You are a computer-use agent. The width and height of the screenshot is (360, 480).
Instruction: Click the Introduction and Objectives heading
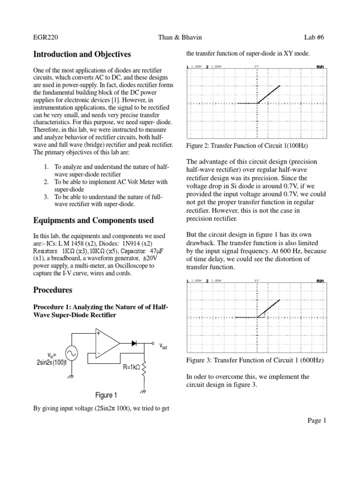(82, 54)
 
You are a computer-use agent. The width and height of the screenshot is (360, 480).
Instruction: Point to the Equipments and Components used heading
(94, 220)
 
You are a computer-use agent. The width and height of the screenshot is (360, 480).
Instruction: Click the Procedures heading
(52, 290)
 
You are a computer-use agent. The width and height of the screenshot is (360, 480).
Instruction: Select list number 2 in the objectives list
(46, 181)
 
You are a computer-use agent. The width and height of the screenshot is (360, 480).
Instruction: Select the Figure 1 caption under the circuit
(106, 395)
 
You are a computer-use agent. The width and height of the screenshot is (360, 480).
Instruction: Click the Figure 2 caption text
(246, 146)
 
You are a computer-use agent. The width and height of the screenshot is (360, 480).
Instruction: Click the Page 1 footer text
(316, 420)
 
